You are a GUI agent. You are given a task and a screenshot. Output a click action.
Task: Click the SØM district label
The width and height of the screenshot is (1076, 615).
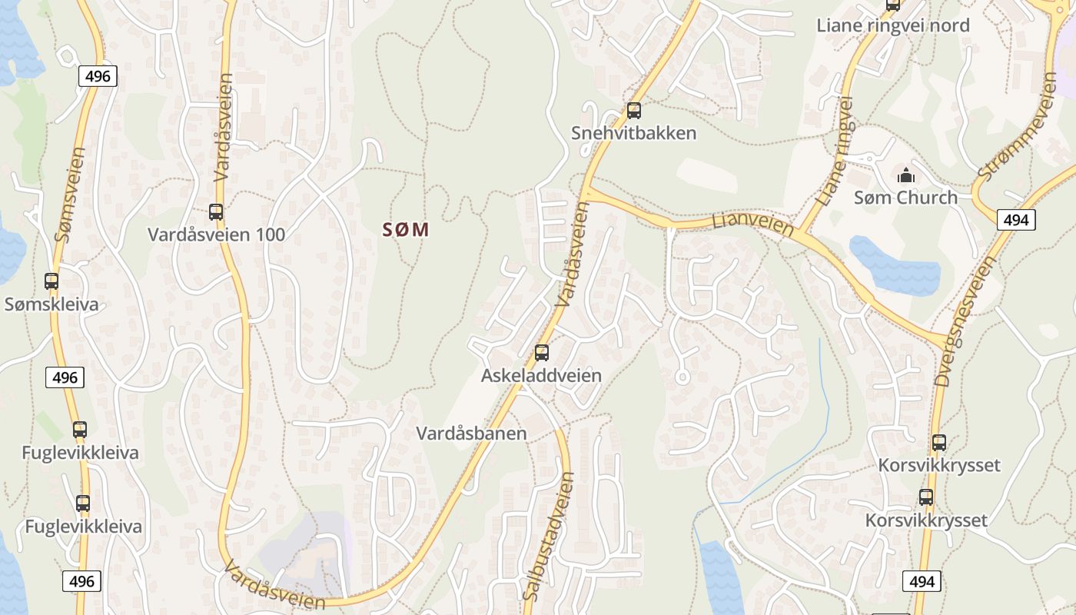pyautogui.click(x=405, y=229)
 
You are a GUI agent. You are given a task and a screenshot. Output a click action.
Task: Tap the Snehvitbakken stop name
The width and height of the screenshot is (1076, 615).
pyautogui.click(x=633, y=133)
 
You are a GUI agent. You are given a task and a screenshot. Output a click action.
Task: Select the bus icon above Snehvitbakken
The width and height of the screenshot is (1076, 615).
pyautogui.click(x=633, y=111)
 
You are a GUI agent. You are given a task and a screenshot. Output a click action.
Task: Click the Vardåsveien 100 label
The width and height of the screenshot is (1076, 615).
pyautogui.click(x=216, y=234)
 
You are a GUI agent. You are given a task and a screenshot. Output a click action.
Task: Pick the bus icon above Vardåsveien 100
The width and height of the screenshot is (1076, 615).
pyautogui.click(x=216, y=212)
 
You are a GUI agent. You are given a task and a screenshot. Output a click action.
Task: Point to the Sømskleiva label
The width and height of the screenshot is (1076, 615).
pyautogui.click(x=51, y=304)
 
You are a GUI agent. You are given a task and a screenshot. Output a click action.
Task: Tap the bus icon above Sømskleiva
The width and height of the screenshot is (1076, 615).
pyautogui.click(x=51, y=281)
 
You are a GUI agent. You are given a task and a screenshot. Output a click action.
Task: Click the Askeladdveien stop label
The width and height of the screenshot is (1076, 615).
pyautogui.click(x=541, y=376)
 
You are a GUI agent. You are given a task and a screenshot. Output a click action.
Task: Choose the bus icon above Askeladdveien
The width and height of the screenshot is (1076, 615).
pyautogui.click(x=542, y=353)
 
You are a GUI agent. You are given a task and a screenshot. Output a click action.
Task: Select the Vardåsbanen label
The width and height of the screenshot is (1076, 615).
pyautogui.click(x=471, y=433)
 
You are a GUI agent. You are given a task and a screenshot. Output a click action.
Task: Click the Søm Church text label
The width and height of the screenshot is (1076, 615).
pyautogui.click(x=905, y=198)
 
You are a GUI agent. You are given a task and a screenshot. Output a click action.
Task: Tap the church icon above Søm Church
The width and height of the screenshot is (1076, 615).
pyautogui.click(x=905, y=175)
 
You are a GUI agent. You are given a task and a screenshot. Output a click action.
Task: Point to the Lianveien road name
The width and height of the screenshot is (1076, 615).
pyautogui.click(x=752, y=224)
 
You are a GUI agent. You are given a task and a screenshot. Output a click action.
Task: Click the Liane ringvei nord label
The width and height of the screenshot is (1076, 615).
pyautogui.click(x=892, y=25)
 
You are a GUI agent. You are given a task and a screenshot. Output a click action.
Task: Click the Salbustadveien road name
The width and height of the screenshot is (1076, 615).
pyautogui.click(x=548, y=536)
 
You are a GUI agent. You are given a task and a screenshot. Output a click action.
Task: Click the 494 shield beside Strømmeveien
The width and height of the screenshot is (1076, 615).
pyautogui.click(x=1015, y=220)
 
